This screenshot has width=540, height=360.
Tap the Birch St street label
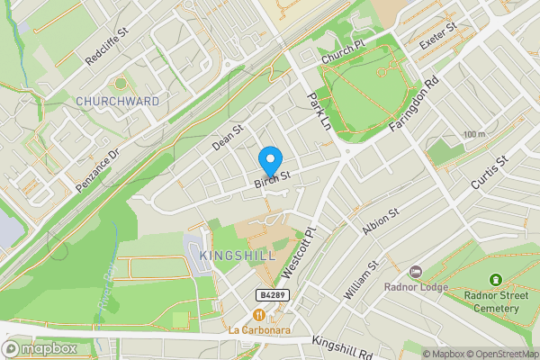pyautogui.click(x=272, y=180)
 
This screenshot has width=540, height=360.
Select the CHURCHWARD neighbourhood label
pyautogui.click(x=118, y=100)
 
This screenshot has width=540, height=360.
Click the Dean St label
pyautogui.click(x=228, y=137)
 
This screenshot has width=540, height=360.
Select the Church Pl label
pyautogui.click(x=343, y=57)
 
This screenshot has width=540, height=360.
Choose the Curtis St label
pyautogui.click(x=490, y=171)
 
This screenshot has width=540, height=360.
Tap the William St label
pyautogui.click(x=362, y=281)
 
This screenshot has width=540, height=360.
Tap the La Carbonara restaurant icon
pyautogui.click(x=260, y=315)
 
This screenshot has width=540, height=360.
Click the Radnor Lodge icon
pyautogui.click(x=416, y=272)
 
